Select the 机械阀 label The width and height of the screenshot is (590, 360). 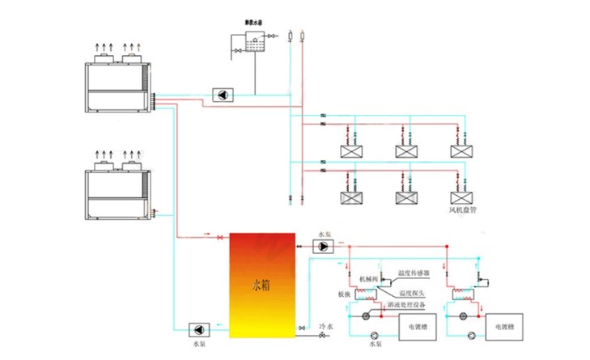(x=368, y=277)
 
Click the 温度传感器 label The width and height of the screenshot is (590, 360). (x=414, y=273)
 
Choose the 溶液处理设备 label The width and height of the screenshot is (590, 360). (x=414, y=304)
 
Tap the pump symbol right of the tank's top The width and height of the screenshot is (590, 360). (x=322, y=245)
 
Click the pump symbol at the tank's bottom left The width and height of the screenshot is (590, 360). (x=198, y=329)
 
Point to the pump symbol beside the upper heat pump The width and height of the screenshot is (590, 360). (x=220, y=94)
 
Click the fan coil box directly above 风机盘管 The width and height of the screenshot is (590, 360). (x=461, y=197)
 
